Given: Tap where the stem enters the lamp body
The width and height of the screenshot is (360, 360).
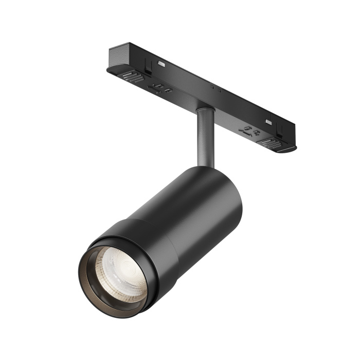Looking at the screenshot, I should tap(206, 166).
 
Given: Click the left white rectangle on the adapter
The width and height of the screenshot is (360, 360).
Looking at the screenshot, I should tap(161, 63).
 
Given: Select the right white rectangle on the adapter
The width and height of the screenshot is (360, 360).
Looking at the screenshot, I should tap(268, 122).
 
